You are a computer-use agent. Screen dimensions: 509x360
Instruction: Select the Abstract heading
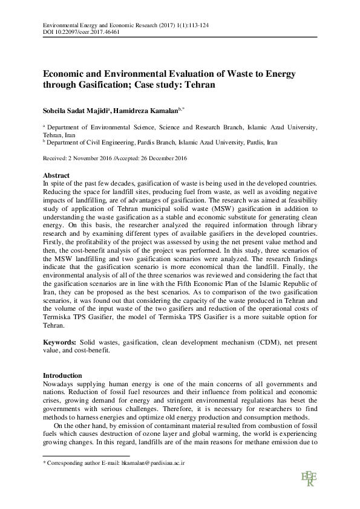click(56, 174)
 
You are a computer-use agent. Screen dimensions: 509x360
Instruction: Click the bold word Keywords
click(59, 342)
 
